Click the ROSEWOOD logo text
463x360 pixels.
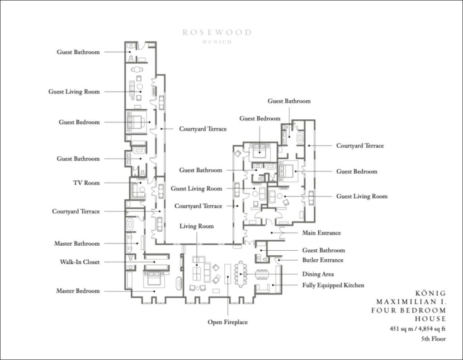217,32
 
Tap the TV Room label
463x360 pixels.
86,182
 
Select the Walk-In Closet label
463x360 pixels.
80,262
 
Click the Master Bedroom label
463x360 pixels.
78,290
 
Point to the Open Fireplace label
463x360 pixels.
227,322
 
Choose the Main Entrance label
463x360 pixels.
321,233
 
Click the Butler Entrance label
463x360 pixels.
323,260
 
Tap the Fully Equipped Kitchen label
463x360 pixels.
333,285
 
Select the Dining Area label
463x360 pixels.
318,274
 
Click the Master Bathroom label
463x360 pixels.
77,243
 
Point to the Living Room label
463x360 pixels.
196,226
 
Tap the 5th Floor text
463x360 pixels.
433,339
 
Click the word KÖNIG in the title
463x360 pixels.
431,293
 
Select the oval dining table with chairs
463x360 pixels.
241,274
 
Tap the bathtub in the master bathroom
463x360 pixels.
130,224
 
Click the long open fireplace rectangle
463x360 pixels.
228,274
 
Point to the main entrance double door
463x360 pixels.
281,233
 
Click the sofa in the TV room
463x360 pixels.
137,190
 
